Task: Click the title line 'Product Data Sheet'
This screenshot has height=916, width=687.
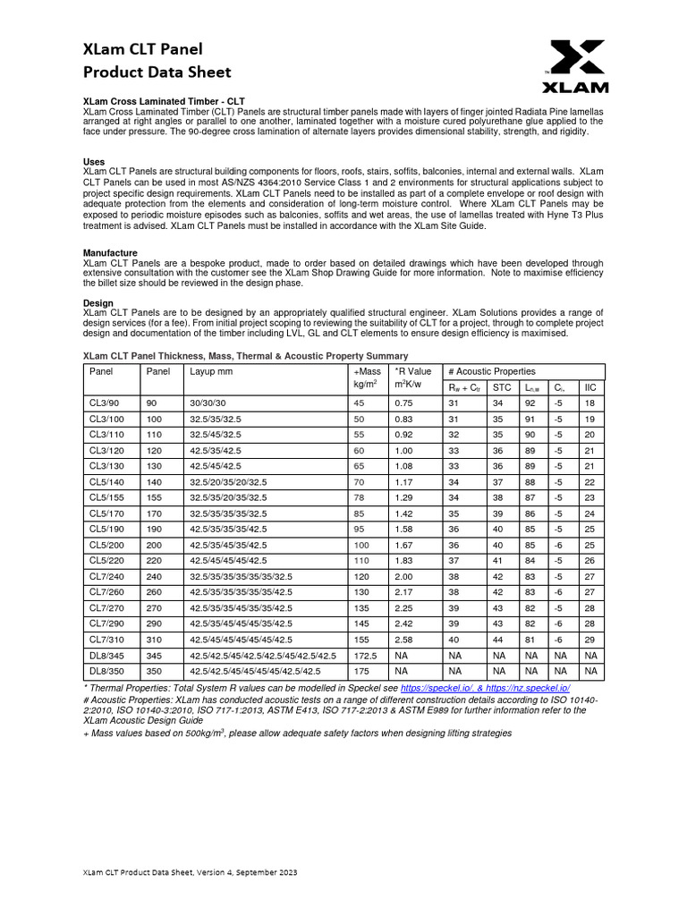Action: pos(157,72)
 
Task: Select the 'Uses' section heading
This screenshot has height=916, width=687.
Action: pos(94,161)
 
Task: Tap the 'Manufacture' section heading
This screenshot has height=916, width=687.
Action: pos(110,253)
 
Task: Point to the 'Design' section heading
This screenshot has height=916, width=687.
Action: pos(98,303)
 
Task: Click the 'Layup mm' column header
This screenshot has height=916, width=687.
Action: pos(211,370)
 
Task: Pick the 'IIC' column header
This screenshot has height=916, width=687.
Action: pos(589,387)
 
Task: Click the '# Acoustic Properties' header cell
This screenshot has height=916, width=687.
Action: pos(491,370)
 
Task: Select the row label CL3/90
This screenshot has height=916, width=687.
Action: pos(105,403)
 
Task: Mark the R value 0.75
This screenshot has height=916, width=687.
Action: pos(404,403)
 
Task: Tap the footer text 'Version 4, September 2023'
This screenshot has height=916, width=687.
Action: pos(241,871)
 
